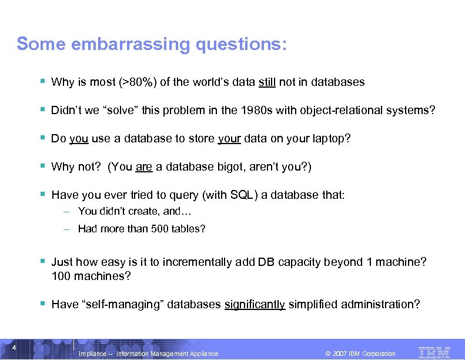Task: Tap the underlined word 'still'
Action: click(267, 82)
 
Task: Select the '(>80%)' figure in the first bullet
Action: click(138, 82)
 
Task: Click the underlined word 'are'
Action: click(144, 167)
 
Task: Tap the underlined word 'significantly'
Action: click(255, 304)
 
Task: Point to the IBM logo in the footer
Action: click(434, 352)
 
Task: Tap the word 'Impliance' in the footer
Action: click(93, 354)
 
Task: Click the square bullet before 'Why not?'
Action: click(44, 166)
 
